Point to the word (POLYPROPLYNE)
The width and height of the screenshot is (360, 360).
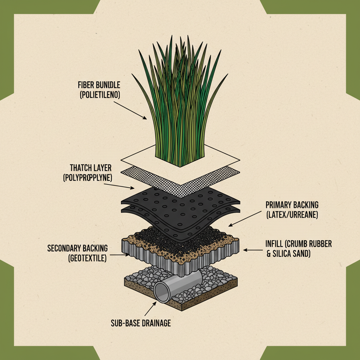pyautogui.click(x=88, y=177)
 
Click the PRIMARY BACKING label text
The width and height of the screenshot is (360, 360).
pyautogui.click(x=292, y=205)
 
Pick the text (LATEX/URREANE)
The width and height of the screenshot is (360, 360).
pyautogui.click(x=292, y=214)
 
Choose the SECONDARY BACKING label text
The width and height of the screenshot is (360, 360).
pyautogui.click(x=78, y=249)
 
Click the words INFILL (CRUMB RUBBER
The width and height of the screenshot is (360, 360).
pyautogui.click(x=299, y=244)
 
